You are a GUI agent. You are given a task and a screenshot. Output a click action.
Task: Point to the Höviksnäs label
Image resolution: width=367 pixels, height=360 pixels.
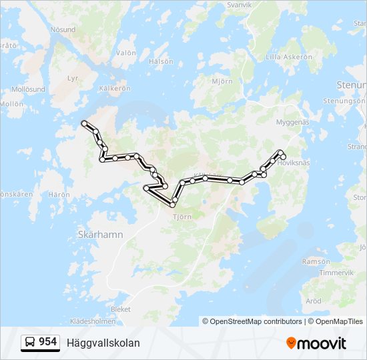coord(294,162)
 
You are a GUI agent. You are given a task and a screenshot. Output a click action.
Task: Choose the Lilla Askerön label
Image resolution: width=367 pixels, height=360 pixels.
coord(289,57)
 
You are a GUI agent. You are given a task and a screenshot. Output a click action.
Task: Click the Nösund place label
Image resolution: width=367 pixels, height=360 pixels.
coord(62,30)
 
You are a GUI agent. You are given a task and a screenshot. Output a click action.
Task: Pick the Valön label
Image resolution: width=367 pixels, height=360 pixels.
coord(126,53)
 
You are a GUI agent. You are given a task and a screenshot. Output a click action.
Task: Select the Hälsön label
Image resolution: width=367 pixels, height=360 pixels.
coord(161,61)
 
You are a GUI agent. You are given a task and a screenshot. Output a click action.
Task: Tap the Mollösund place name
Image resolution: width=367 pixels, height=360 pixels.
coord(28,89)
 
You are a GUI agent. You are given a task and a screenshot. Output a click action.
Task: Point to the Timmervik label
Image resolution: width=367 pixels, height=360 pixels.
coord(336,273)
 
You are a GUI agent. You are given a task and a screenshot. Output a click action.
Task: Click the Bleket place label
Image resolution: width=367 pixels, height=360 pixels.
coord(121,309)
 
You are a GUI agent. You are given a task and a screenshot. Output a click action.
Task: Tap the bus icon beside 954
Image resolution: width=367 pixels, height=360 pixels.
coord(30,343)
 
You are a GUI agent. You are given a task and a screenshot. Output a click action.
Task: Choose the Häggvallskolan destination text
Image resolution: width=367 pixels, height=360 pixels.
coord(103,343)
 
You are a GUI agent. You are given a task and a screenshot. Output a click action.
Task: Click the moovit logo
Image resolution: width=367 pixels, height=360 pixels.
coord(316,343)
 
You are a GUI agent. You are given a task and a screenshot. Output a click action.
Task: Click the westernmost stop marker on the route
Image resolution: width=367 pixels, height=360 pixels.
coord(84,123)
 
